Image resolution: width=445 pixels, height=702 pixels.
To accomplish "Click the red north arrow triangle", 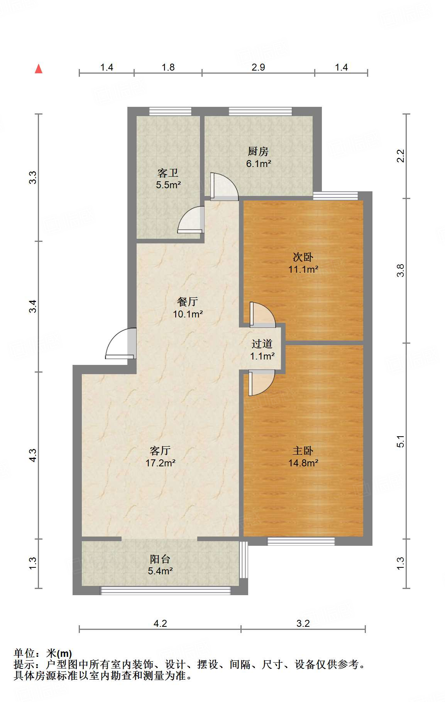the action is (39, 69).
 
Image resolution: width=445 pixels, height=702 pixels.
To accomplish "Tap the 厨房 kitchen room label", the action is (258, 151).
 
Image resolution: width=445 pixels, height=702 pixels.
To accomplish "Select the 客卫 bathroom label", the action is (168, 173).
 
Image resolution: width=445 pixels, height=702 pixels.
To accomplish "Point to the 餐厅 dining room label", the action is (188, 302).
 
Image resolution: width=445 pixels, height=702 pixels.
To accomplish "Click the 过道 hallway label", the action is (262, 344).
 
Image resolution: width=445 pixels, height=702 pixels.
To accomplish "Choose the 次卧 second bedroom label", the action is (303, 257).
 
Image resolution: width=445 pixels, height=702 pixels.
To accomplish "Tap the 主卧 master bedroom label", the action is (303, 451).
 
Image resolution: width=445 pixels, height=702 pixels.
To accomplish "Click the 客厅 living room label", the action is (160, 451).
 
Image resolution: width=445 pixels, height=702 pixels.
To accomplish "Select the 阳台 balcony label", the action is (160, 559).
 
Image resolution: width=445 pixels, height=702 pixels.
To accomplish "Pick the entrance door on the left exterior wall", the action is (121, 343).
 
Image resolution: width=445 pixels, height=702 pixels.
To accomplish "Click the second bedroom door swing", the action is (262, 315).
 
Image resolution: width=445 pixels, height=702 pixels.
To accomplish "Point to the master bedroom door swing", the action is (262, 383).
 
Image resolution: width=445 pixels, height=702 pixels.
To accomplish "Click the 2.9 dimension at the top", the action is (258, 67).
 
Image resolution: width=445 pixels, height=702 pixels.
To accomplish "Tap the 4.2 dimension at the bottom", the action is (160, 623).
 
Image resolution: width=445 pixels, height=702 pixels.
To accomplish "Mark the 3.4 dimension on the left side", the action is (33, 306).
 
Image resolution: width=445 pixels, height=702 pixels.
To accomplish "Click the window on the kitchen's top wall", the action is (261, 111).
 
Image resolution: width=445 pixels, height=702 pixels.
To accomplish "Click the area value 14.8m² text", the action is (303, 463).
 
